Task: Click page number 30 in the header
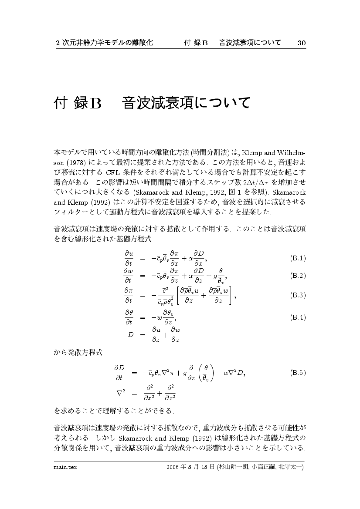[302, 43]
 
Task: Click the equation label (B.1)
[298, 258]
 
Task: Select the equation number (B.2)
[298, 276]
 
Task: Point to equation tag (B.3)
[298, 296]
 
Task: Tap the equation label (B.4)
[298, 317]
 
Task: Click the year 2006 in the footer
[173, 467]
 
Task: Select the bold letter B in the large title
[95, 103]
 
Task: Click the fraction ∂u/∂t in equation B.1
[129, 258]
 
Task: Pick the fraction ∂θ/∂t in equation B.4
[129, 317]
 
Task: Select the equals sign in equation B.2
[142, 276]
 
